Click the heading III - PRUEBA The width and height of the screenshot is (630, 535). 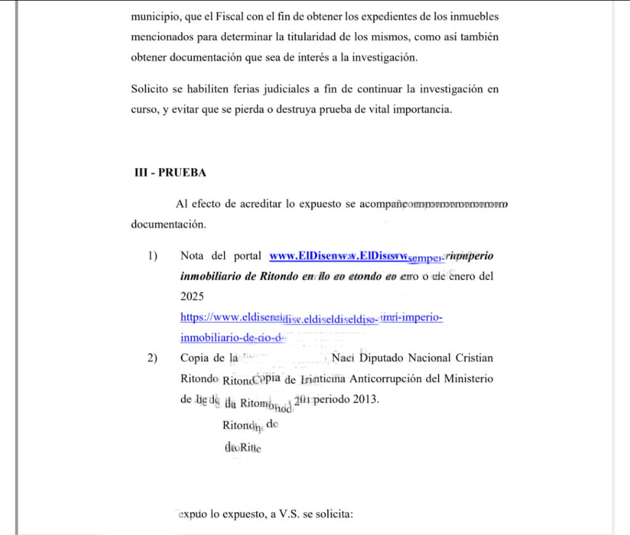click(x=170, y=173)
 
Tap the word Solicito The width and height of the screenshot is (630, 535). click(x=149, y=89)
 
